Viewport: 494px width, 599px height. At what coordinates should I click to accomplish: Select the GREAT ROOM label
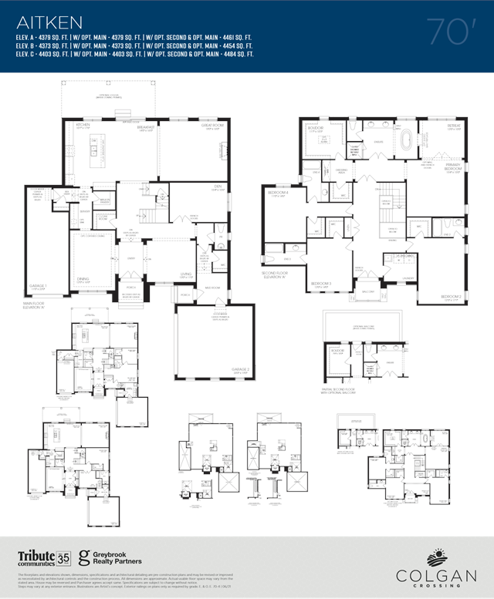(x=212, y=125)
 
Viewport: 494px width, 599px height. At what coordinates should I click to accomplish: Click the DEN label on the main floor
(x=218, y=186)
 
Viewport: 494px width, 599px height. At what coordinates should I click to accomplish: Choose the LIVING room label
(x=186, y=273)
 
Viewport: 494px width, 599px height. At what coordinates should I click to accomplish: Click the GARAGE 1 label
(x=39, y=287)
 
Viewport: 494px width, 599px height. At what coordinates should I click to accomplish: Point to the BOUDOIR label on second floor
(x=315, y=129)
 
